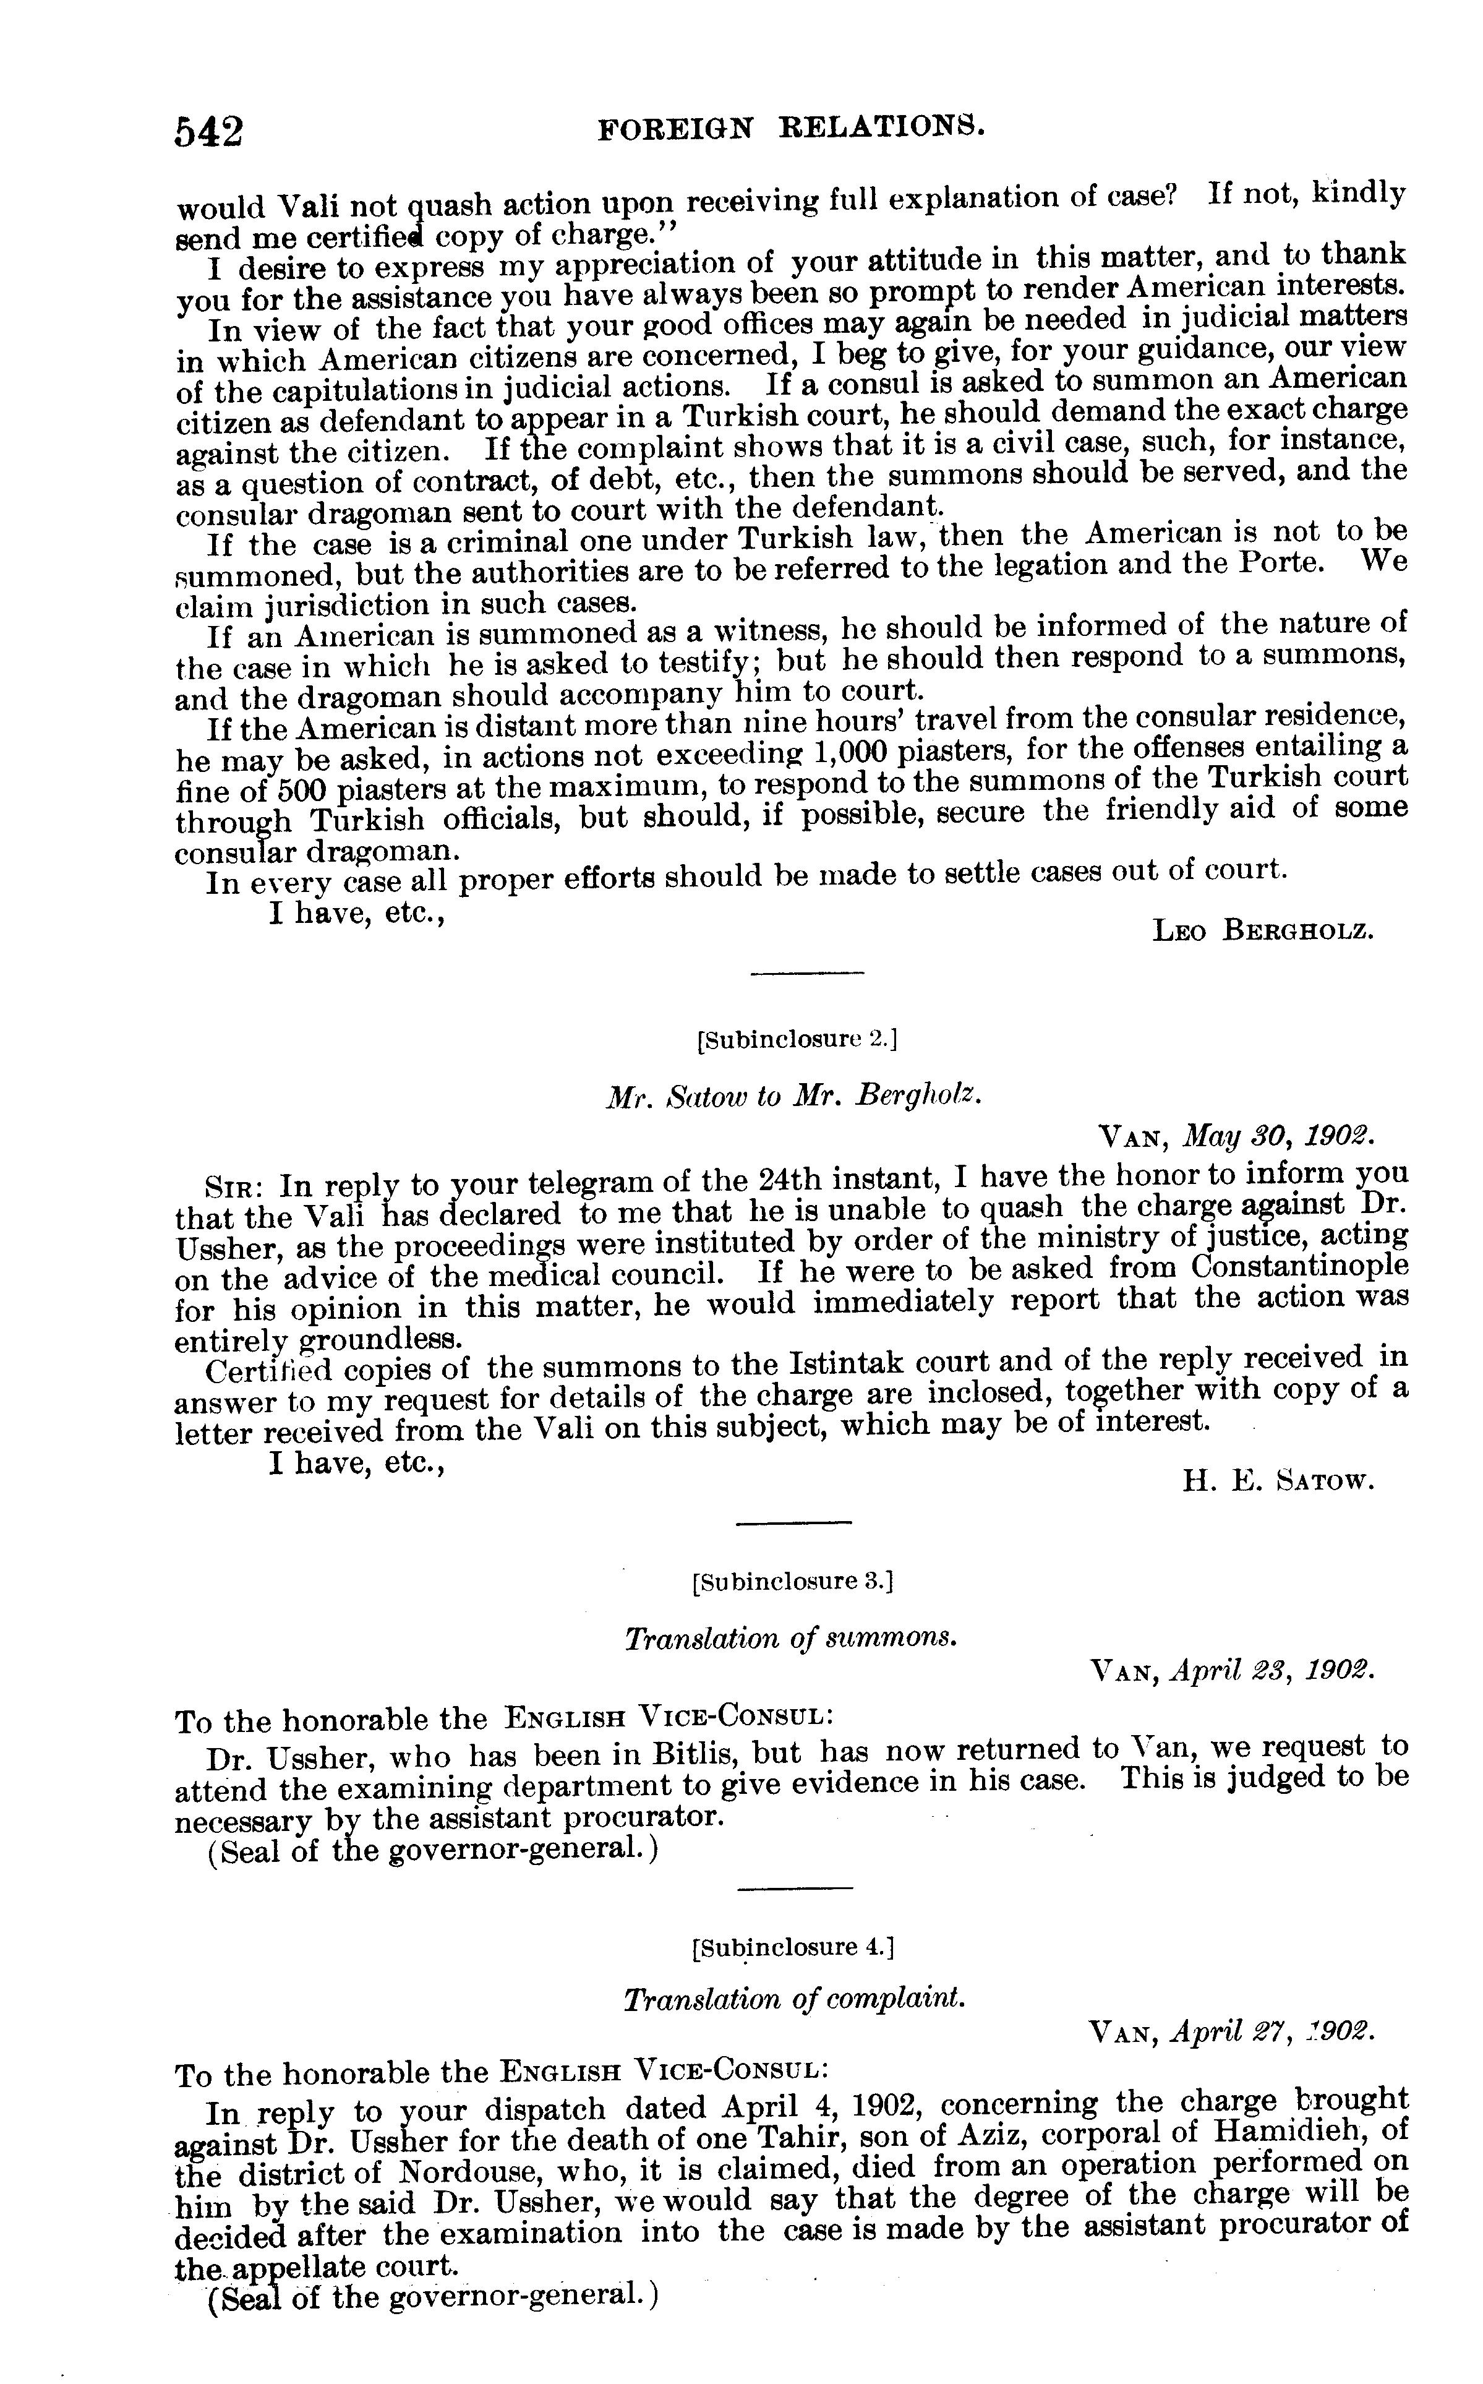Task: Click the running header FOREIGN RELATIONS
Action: coord(790,127)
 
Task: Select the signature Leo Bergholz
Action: coord(1263,929)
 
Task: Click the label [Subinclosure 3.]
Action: coord(792,1582)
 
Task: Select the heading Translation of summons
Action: coord(790,1637)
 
